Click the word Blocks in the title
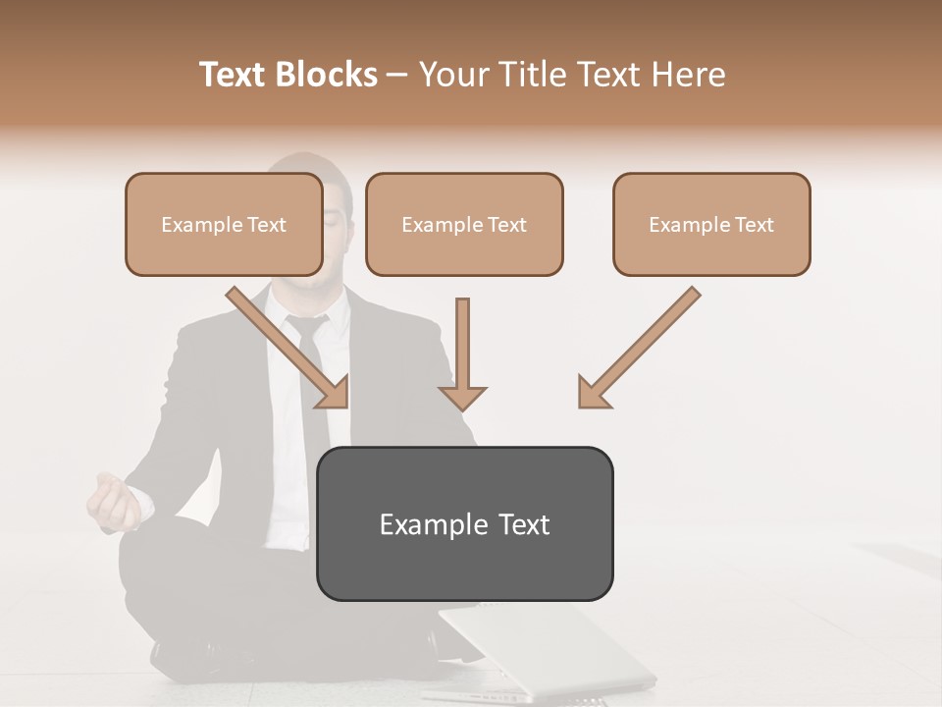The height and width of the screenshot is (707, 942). point(326,75)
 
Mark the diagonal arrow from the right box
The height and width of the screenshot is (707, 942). point(639,348)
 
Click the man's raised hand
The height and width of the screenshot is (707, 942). point(114,500)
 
